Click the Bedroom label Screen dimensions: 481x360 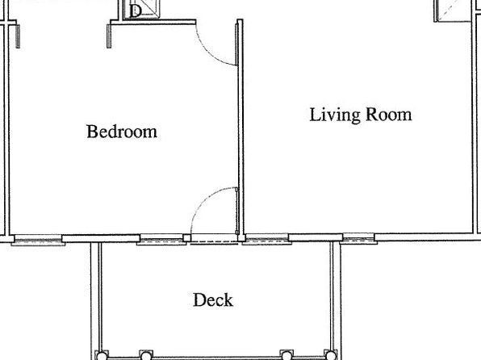(122, 132)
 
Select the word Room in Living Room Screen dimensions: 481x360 (389, 114)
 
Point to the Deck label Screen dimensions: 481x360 (213, 299)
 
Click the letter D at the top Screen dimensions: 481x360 (135, 11)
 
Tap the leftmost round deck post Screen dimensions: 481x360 (101, 356)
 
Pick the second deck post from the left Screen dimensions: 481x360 (146, 356)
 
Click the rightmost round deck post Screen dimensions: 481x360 (330, 355)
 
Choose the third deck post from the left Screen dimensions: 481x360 (287, 355)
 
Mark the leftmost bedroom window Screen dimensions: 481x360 (38, 240)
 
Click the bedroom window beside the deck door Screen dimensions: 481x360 (161, 240)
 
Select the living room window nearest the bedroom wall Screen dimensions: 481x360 (267, 239)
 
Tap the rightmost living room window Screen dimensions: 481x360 (359, 238)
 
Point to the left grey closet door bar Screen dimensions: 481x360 (18, 36)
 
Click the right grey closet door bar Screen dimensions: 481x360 (109, 36)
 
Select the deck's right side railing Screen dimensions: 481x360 (335, 298)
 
